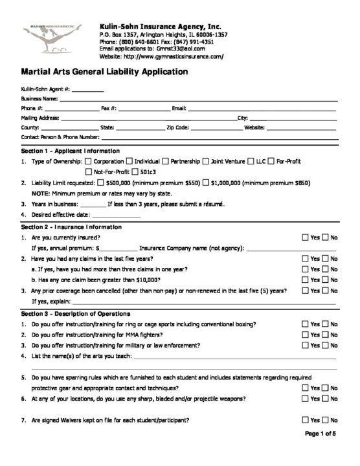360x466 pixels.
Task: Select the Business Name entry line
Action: click(x=194, y=99)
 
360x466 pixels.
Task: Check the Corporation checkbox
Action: click(x=88, y=161)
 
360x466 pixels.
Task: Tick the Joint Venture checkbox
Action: click(x=205, y=161)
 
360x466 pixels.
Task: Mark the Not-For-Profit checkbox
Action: click(x=88, y=172)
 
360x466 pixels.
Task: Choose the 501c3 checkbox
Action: click(x=135, y=172)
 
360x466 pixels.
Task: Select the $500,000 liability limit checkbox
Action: click(x=100, y=183)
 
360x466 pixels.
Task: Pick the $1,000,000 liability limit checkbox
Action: click(x=205, y=183)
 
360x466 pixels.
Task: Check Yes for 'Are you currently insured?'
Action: click(x=306, y=238)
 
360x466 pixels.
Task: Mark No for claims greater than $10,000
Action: click(x=326, y=280)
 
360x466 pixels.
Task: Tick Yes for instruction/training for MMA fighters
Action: click(x=306, y=335)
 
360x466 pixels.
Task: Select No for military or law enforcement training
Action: click(x=326, y=346)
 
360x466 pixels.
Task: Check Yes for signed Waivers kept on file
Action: click(x=306, y=420)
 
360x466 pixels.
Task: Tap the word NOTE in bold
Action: click(x=41, y=193)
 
